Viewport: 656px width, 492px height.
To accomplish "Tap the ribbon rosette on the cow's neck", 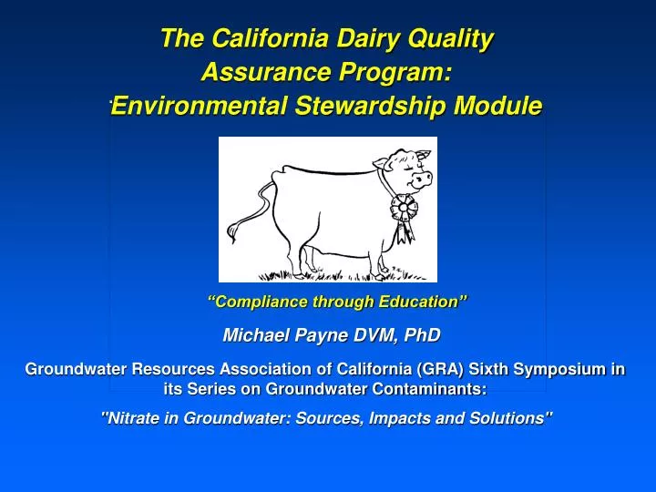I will point(403,209).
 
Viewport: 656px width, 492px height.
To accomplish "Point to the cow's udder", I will point(314,248).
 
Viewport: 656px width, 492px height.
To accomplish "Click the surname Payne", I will point(314,336).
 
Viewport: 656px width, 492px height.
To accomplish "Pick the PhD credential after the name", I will point(420,336).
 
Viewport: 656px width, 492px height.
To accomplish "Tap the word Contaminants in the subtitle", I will point(438,389).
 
